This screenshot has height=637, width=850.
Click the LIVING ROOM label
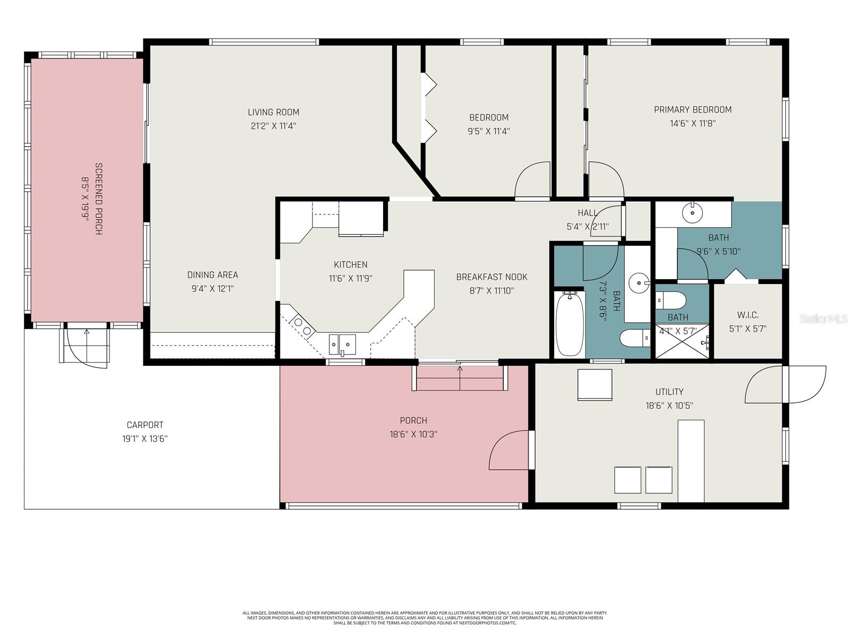(x=273, y=112)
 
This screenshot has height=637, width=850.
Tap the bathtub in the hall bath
(x=569, y=324)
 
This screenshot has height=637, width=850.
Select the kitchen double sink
(x=342, y=344)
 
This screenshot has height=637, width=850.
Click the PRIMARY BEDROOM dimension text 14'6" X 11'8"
(x=693, y=124)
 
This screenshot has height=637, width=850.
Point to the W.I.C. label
(x=747, y=315)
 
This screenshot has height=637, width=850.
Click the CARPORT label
(x=144, y=425)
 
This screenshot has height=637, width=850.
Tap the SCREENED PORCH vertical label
(x=99, y=199)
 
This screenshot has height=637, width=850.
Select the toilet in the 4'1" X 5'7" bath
(x=671, y=300)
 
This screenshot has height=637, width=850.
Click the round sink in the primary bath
(x=693, y=213)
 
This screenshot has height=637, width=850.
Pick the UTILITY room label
(x=669, y=392)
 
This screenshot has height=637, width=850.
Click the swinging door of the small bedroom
(x=532, y=182)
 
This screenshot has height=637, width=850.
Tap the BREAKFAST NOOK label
(x=491, y=277)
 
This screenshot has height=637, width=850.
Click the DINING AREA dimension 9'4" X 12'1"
(x=212, y=289)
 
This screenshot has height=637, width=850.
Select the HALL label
(x=587, y=213)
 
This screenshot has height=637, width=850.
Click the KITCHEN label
(x=350, y=264)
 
